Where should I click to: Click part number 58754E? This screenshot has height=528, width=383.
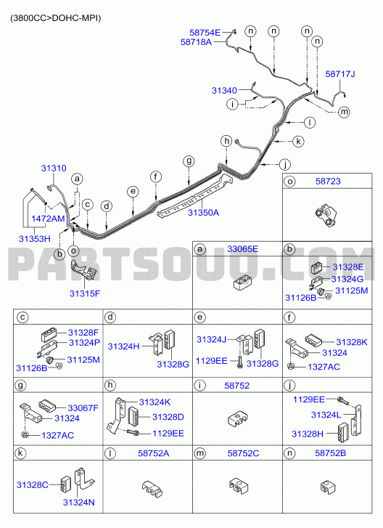coord(205,33)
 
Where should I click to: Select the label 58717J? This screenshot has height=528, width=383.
coord(340,74)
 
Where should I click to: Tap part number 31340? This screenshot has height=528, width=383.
coord(224,90)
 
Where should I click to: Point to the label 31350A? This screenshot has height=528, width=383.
coord(203,213)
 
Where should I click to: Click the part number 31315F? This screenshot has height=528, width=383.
coord(85,293)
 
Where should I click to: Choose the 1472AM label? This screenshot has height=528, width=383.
coord(48,219)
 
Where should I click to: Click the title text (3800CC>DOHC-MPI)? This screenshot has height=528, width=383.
coord(55,18)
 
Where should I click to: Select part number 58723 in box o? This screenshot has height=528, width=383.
coord(328,181)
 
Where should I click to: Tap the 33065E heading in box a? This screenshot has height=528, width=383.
coord(243,249)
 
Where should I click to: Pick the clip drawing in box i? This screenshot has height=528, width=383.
coord(237,420)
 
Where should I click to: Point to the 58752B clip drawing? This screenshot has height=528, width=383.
coord(328,487)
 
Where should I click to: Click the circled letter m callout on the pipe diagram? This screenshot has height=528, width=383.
coord(344,111)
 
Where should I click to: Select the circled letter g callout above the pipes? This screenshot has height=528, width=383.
coord(189,161)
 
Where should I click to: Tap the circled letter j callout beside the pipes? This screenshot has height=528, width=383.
coord(285,165)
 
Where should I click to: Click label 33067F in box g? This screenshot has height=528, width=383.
coord(83,408)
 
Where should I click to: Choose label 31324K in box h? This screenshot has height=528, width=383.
coord(155,402)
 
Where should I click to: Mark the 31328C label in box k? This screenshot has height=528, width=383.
coord(33,485)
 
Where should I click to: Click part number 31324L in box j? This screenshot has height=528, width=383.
coord(326,415)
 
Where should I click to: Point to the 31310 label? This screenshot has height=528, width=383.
coord(54,168)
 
